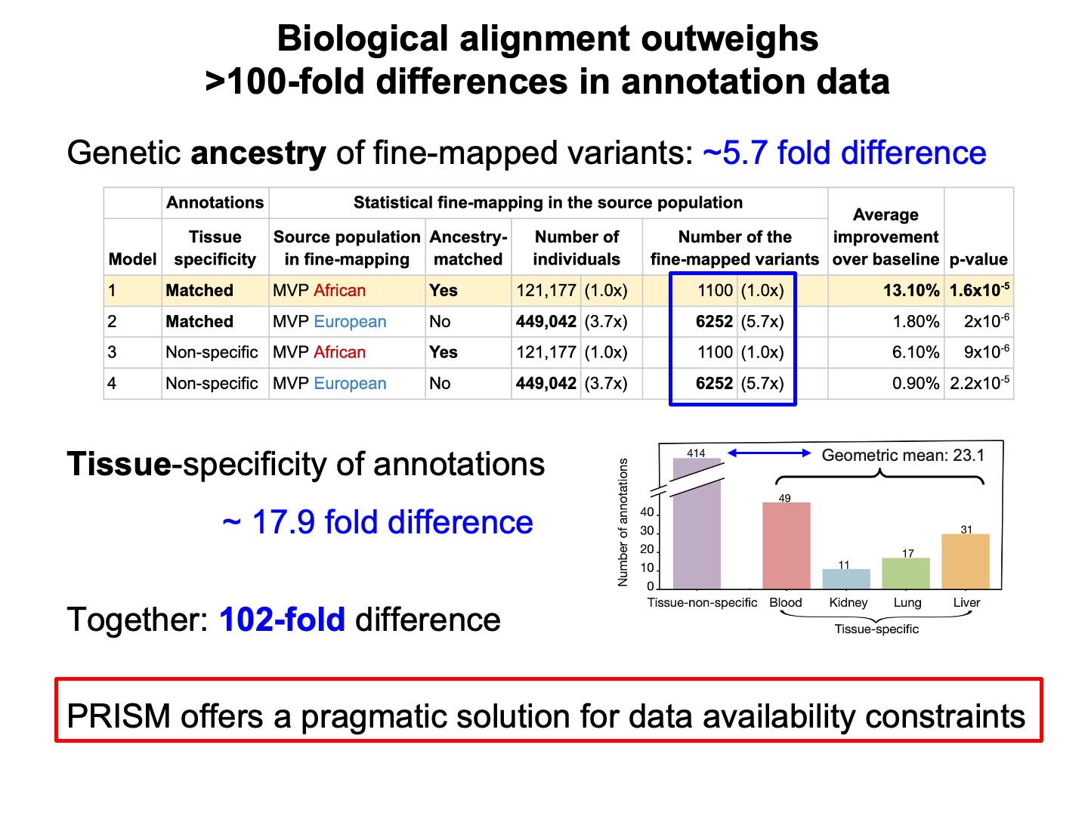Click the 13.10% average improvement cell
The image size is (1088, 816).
coord(911,291)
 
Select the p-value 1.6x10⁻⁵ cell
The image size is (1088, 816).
coord(979,291)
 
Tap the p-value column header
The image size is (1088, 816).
coord(978,259)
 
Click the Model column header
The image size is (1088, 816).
coord(132,259)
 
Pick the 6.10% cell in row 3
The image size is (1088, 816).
coord(916,353)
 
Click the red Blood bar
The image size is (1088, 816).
coord(786,546)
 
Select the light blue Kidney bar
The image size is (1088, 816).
coord(846,579)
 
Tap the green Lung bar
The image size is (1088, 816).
coord(906,573)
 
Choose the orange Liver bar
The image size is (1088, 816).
coord(966,561)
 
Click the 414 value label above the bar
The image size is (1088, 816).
coord(696,453)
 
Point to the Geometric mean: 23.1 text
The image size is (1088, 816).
coord(903,455)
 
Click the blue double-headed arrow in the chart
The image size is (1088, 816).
coord(768,453)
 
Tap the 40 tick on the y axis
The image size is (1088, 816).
coord(647,512)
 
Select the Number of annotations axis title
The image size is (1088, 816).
coord(623,522)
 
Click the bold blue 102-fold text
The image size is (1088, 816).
coord(282,620)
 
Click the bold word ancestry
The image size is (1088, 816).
coord(258,153)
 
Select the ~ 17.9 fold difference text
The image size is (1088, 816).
coord(378,522)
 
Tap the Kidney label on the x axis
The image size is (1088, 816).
coord(848,602)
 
